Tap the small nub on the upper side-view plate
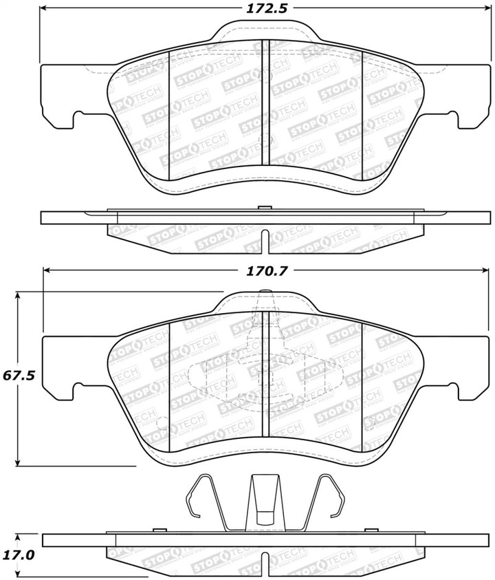coord(261,207)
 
